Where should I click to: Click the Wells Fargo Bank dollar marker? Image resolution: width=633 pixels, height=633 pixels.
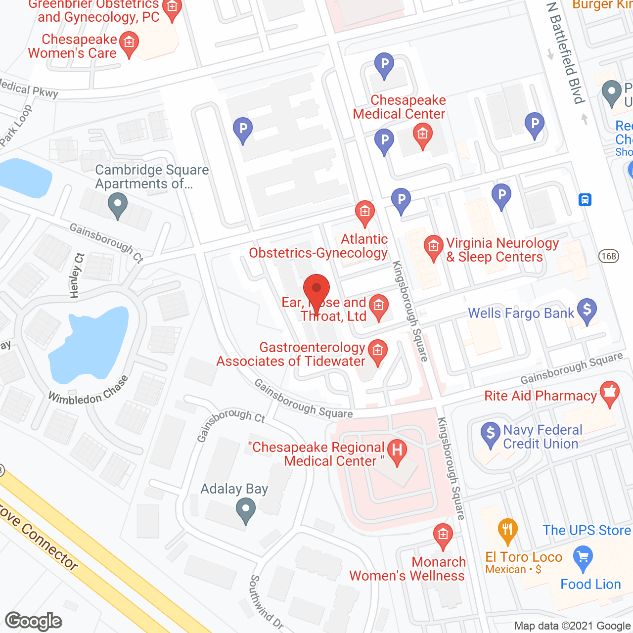pyautogui.click(x=587, y=311)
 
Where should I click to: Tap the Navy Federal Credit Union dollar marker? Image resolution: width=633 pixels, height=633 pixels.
pyautogui.click(x=491, y=434)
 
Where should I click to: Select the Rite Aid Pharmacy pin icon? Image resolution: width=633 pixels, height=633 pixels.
pyautogui.click(x=610, y=393)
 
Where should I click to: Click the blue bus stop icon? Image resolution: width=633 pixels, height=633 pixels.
pyautogui.click(x=585, y=200)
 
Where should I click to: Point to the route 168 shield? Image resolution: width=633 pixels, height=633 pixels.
pyautogui.click(x=608, y=256)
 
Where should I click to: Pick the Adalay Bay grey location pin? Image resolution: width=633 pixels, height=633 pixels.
pyautogui.click(x=245, y=510)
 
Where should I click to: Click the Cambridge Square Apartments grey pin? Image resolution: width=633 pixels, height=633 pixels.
pyautogui.click(x=118, y=205)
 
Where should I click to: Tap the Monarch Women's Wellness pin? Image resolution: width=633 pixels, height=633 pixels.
pyautogui.click(x=443, y=536)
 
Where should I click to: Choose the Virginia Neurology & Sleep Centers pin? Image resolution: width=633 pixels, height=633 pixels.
pyautogui.click(x=434, y=247)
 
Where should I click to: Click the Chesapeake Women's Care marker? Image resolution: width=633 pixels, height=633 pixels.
pyautogui.click(x=129, y=44)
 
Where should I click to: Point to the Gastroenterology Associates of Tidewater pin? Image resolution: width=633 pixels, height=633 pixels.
pyautogui.click(x=378, y=352)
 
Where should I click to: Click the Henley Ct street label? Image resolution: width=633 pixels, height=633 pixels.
pyautogui.click(x=77, y=275)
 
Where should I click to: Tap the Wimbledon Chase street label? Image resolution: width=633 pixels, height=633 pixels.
pyautogui.click(x=89, y=391)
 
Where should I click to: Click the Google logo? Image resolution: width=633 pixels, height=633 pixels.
pyautogui.click(x=34, y=621)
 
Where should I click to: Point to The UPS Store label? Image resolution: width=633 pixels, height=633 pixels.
pyautogui.click(x=587, y=530)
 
